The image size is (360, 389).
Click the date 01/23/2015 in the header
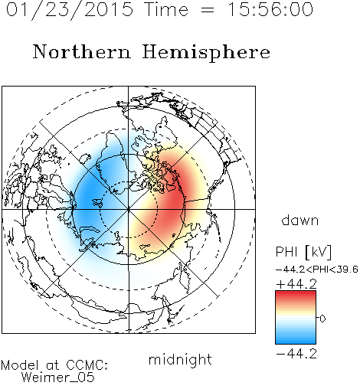[x=70, y=10]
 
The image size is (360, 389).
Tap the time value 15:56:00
[x=270, y=10]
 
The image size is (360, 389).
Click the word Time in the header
[x=166, y=10]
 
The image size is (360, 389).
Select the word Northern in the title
[x=82, y=52]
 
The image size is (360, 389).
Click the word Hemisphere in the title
[x=206, y=53]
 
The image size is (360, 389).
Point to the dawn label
[x=300, y=220]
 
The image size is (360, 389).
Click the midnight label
[x=180, y=360]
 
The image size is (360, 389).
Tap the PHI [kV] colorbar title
[x=303, y=252]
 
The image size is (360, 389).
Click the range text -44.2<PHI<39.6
[x=317, y=270]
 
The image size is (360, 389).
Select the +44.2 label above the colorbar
[x=296, y=284]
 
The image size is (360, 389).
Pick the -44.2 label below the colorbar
[x=296, y=354]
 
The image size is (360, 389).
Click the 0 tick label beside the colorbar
[x=322, y=319]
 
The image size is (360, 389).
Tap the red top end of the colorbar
[x=296, y=293]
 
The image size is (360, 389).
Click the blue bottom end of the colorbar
[x=296, y=342]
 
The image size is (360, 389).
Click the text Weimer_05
[x=58, y=378]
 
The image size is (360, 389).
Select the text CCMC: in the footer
[x=87, y=365]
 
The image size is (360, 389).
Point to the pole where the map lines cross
[x=128, y=210]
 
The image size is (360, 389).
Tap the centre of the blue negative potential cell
[x=90, y=199]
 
